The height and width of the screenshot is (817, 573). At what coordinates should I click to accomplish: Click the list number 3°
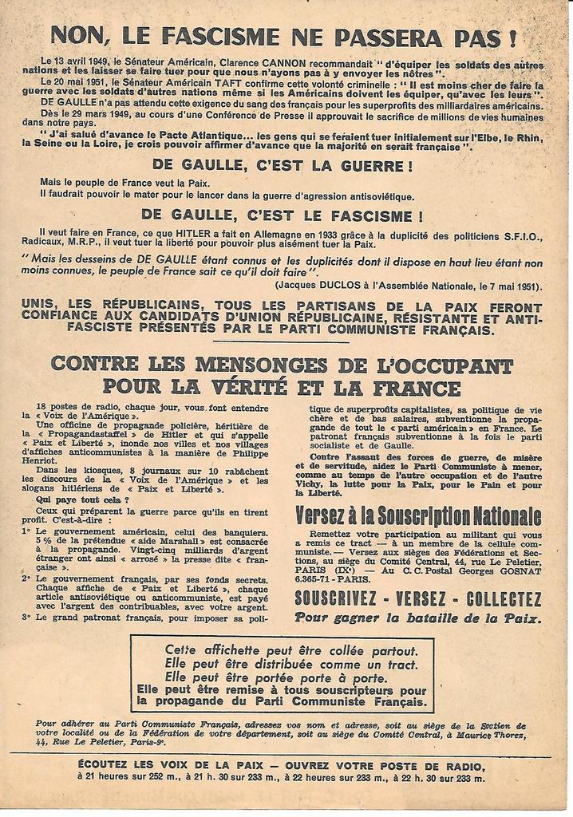click(x=27, y=617)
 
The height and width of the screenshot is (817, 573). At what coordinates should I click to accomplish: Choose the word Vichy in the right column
click(x=314, y=485)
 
